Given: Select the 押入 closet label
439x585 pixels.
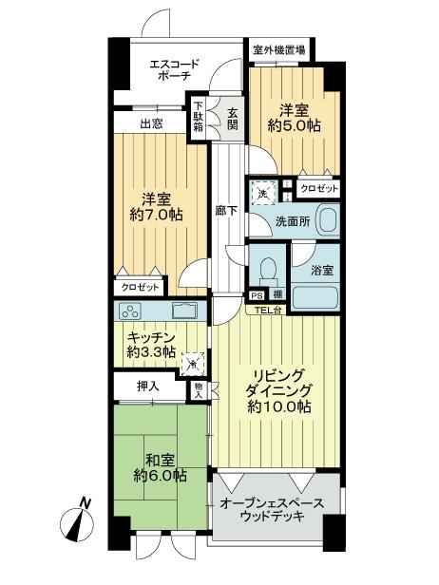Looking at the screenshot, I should [x=147, y=387].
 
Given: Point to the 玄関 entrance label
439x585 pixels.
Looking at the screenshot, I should [x=231, y=120].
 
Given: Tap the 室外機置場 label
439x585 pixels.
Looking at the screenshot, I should [x=278, y=49].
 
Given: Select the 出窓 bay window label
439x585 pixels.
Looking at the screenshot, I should [x=150, y=124].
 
